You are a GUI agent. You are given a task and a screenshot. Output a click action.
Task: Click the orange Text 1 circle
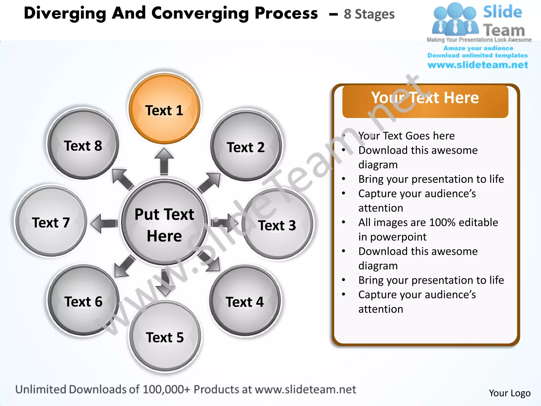click(164, 109)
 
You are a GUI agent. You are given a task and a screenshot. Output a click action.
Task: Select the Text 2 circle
click(246, 146)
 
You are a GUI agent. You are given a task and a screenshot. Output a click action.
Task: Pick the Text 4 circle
click(245, 301)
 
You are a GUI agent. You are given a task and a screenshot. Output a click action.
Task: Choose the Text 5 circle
click(165, 337)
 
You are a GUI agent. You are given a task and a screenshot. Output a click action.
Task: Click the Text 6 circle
click(83, 301)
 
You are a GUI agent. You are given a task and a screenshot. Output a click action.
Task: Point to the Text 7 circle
click(51, 222)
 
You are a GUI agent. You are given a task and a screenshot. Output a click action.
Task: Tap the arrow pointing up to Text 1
click(164, 161)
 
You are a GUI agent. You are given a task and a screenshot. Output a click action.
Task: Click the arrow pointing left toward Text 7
click(104, 224)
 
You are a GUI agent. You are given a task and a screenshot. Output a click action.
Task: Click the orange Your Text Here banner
click(425, 101)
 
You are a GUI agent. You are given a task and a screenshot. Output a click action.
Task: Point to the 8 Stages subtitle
click(369, 14)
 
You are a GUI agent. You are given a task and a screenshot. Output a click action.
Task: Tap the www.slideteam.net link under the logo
click(478, 65)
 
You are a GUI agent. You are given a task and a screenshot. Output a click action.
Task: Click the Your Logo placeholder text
click(510, 393)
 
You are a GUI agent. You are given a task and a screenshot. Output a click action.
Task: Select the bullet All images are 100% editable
click(428, 223)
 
